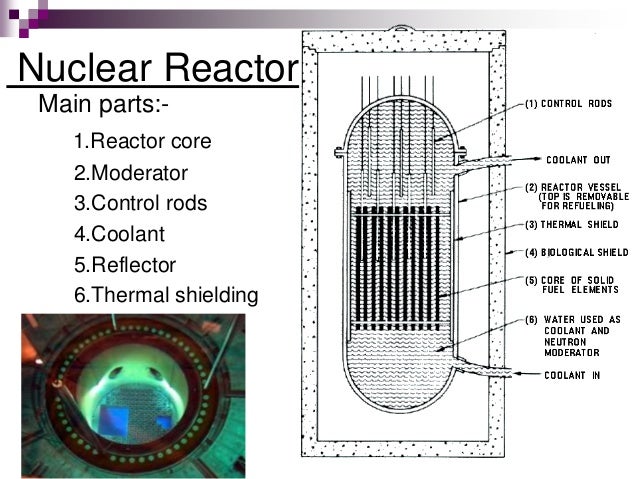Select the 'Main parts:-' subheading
click(x=96, y=104)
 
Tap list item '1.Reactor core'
click(x=142, y=142)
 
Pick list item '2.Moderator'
click(x=131, y=173)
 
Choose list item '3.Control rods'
click(x=141, y=203)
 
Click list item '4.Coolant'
click(x=119, y=235)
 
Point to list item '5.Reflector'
click(x=125, y=265)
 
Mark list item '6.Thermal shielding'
click(x=165, y=296)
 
